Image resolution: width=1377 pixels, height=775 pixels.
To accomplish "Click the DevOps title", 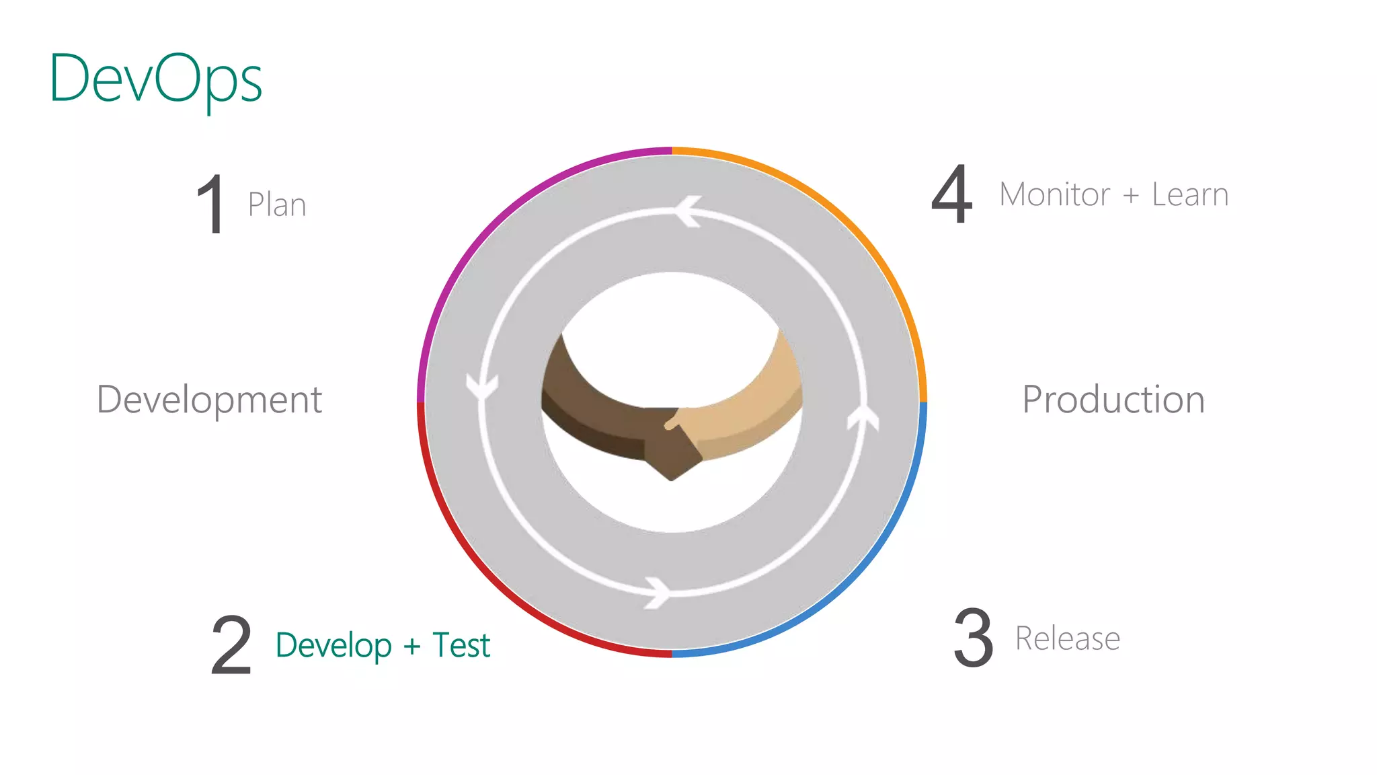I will pos(156,79).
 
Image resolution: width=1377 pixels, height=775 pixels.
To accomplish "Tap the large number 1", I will pos(211,204).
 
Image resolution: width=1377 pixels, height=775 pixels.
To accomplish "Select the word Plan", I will pos(277,205).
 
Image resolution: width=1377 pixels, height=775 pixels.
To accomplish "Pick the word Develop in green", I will pos(333,646).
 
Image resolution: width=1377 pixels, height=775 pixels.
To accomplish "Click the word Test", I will pos(461,645).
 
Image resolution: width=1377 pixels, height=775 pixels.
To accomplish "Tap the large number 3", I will pos(973,638).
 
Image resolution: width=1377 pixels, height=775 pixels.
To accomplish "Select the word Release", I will pos(1068,638).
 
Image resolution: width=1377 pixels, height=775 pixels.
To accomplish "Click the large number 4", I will pos(952,195).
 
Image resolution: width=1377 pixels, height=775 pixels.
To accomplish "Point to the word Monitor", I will pos(1054,195).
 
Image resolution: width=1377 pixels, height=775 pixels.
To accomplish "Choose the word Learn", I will pos(1190,195).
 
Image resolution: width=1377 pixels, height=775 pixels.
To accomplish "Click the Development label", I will pos(210,400).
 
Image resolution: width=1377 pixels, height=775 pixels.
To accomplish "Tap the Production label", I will pos(1113,400).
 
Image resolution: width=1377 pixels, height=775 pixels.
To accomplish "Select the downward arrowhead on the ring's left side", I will pos(482,387).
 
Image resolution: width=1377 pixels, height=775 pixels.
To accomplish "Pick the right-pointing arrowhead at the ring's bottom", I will pos(658,593).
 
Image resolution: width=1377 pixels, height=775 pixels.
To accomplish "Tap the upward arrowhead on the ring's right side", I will pos(863,417).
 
